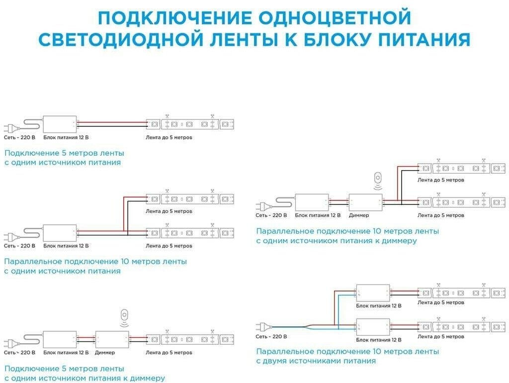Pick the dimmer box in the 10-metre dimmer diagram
365,202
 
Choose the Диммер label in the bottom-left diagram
105,353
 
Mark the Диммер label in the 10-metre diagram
359,215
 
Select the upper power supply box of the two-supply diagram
373,292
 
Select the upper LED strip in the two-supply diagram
461,292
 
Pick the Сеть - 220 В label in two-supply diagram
271,337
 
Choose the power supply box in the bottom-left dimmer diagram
60,339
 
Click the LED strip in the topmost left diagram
190,124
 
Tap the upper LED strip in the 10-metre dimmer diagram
461,168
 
